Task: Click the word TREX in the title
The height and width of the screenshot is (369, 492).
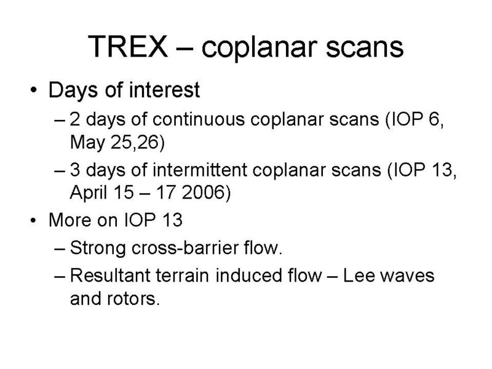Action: (128, 46)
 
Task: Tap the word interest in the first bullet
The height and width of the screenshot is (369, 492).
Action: (164, 90)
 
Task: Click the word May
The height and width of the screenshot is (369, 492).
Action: (87, 143)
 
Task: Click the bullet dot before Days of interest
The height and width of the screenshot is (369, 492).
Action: (34, 90)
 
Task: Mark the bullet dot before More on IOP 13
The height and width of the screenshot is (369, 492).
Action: (34, 220)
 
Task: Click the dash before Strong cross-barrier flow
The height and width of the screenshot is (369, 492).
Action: (59, 249)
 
